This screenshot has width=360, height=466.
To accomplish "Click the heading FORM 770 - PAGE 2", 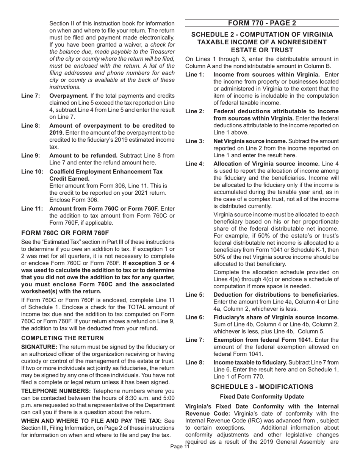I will coord(262,23).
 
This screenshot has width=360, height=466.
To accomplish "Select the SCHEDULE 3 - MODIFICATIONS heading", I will coord(262,386).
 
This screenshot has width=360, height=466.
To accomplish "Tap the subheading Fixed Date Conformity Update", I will coord(262,396).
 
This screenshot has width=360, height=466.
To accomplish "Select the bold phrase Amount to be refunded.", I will coord(83,155).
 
